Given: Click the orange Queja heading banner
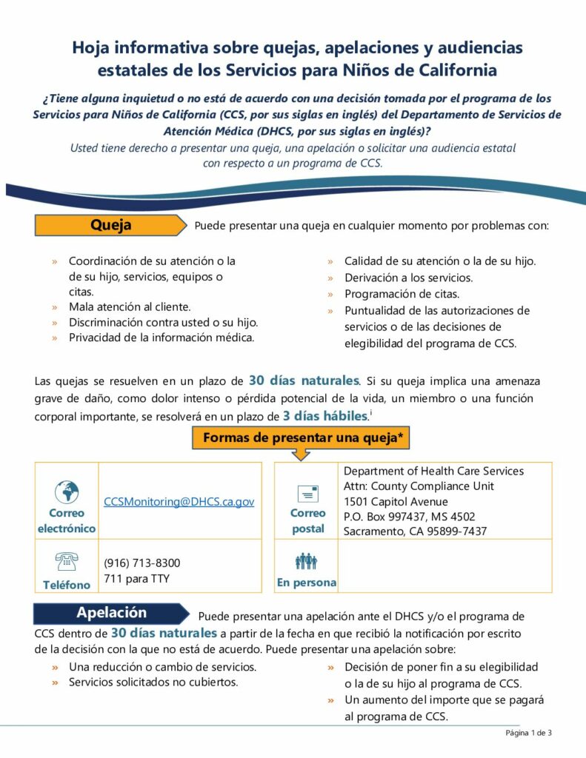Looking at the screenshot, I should (x=110, y=225).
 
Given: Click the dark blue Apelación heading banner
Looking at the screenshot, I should (x=111, y=613).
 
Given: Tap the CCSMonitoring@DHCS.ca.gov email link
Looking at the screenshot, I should (x=179, y=501).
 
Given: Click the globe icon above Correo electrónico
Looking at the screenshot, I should (x=67, y=492).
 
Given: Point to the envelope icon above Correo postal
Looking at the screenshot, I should (x=307, y=494).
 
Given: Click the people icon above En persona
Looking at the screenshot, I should (x=306, y=562).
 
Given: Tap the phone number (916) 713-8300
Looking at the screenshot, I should (x=141, y=563).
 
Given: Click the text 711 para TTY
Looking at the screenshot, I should (x=137, y=578).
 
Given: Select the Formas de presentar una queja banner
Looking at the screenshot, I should (x=302, y=437).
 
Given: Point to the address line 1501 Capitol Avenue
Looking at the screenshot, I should (x=396, y=501).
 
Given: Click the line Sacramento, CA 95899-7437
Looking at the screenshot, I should (x=415, y=531).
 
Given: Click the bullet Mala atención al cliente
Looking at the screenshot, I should (x=129, y=306).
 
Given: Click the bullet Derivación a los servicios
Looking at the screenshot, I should (x=408, y=278).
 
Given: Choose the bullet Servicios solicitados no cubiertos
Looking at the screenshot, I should (x=153, y=682).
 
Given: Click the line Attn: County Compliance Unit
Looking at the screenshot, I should (x=419, y=486).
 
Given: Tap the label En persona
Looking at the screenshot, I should (x=306, y=583).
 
